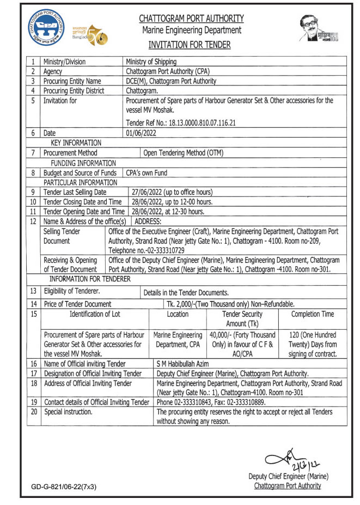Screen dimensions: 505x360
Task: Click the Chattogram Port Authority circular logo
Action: coord(48,32)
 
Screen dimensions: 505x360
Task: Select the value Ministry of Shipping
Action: coord(151,62)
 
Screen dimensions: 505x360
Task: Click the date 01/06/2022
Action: coord(141,133)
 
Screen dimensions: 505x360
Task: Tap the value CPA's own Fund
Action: coord(147,173)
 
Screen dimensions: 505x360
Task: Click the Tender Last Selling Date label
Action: coord(75,192)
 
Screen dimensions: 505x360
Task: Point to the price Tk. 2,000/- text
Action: coord(187,304)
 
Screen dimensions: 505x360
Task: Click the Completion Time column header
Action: coord(313,314)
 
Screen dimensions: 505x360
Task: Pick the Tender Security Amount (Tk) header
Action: coord(242,319)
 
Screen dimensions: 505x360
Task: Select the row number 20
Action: coord(33,412)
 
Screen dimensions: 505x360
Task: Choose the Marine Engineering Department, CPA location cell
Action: coord(178,340)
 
